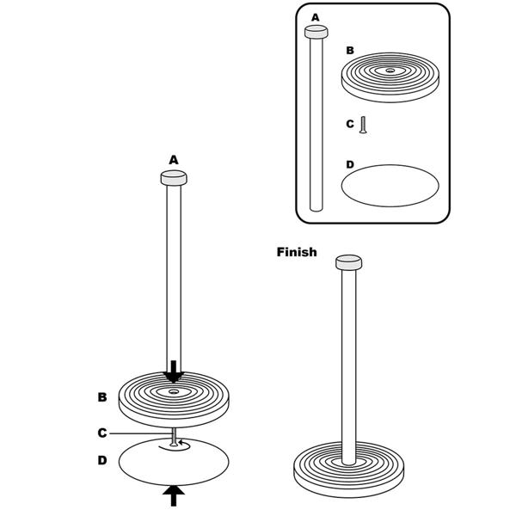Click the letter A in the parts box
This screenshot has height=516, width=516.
coord(315,17)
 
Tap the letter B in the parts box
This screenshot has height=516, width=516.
coord(350,51)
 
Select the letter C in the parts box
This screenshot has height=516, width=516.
coord(350,124)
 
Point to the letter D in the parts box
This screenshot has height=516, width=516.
coord(350,164)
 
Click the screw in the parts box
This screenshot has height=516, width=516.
coord(363,125)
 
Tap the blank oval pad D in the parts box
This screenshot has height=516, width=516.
coord(390,186)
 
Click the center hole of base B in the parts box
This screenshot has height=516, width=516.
coord(390,71)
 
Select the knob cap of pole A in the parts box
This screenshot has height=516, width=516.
coord(316,32)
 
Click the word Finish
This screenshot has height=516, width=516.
coord(297,252)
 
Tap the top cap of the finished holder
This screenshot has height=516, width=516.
coord(349,262)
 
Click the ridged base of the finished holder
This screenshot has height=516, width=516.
coord(348,469)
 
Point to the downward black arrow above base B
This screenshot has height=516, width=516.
coord(174,372)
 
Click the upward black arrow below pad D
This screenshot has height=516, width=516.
coord(174,496)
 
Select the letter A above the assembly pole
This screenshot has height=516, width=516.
coord(174,160)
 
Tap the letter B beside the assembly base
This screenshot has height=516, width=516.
coord(102,396)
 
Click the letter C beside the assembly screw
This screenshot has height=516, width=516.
coord(102,433)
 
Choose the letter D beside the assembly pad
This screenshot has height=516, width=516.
coord(102,460)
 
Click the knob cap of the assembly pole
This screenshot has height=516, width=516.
coord(174,178)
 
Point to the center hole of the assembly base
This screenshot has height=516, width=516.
coord(174,391)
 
